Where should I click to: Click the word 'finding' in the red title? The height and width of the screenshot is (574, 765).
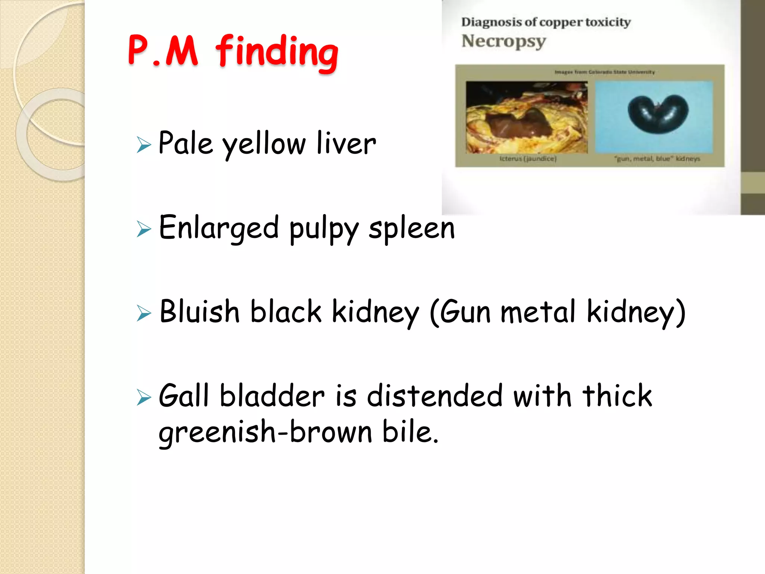(277, 52)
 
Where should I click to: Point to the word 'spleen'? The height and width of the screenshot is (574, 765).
(412, 228)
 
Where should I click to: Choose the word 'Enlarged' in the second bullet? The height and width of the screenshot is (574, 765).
(219, 228)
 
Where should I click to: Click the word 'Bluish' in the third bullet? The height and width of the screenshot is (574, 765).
(199, 312)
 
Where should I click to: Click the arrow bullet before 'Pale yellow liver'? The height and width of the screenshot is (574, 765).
(144, 145)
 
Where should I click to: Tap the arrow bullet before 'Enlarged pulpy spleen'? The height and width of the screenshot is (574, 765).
(144, 229)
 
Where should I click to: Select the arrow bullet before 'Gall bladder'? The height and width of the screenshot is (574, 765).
(144, 397)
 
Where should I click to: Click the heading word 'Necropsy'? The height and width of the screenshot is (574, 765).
(504, 41)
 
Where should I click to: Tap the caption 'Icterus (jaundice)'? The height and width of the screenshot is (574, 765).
(528, 159)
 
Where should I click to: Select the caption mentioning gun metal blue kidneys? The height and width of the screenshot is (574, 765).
(657, 159)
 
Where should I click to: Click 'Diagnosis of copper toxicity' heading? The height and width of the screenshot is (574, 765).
(546, 22)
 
